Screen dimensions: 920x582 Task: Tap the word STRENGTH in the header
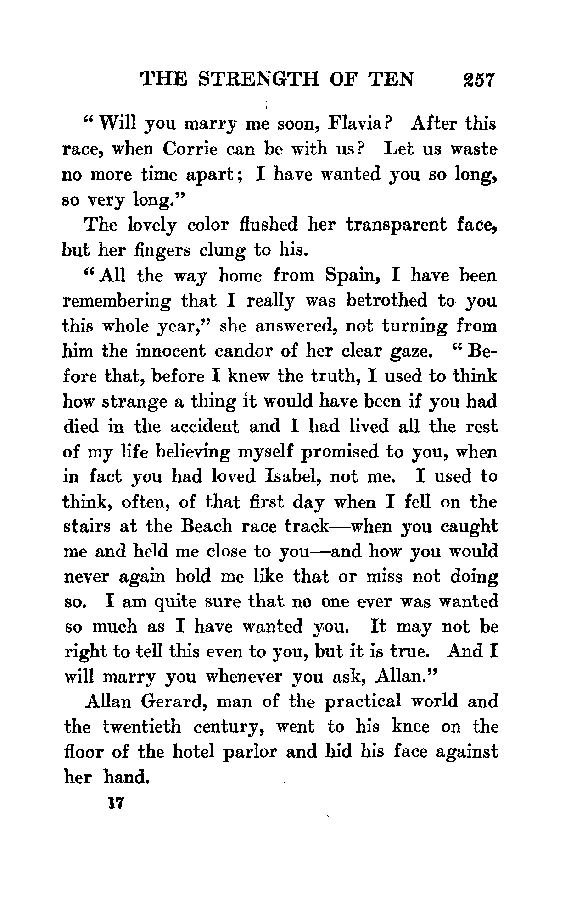tap(257, 79)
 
